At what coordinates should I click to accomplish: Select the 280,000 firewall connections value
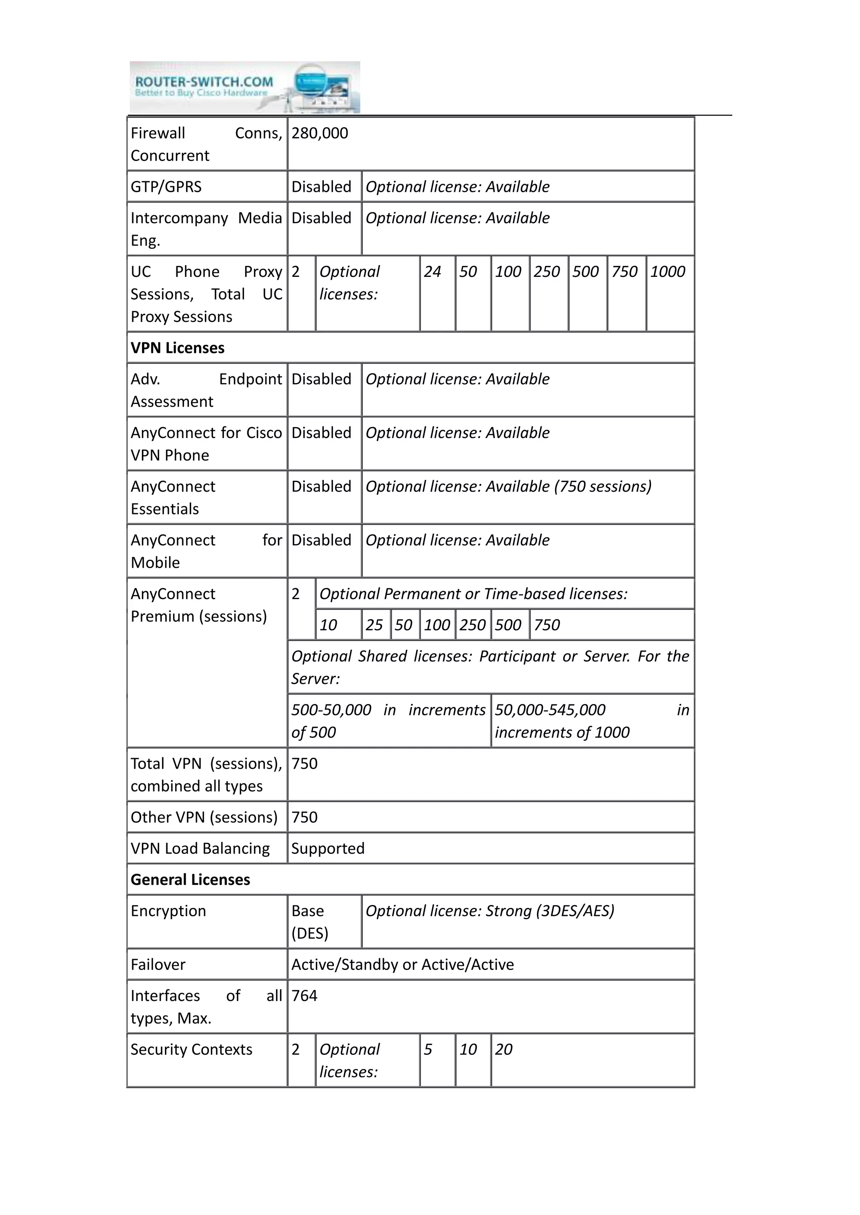coord(320,133)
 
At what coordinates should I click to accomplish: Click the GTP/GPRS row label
coord(166,187)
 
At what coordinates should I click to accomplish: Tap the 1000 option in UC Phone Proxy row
coord(667,272)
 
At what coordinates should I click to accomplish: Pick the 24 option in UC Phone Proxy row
coord(432,272)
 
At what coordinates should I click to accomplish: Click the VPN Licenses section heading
coord(177,348)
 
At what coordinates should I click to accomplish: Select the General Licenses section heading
coord(190,879)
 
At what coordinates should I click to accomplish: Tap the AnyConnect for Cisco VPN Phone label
coord(206,444)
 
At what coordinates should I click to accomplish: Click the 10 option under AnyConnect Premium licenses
coord(328,626)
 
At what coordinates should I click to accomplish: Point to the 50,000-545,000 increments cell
coord(592,721)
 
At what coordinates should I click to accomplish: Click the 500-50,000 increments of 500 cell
coord(388,721)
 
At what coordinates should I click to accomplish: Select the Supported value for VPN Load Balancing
coord(328,848)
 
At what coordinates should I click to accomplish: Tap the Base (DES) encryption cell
coord(310,922)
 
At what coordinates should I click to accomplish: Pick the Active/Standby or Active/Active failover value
coord(402,965)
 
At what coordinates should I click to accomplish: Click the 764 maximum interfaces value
coord(304,996)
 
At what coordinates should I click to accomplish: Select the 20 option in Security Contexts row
coord(503,1049)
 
